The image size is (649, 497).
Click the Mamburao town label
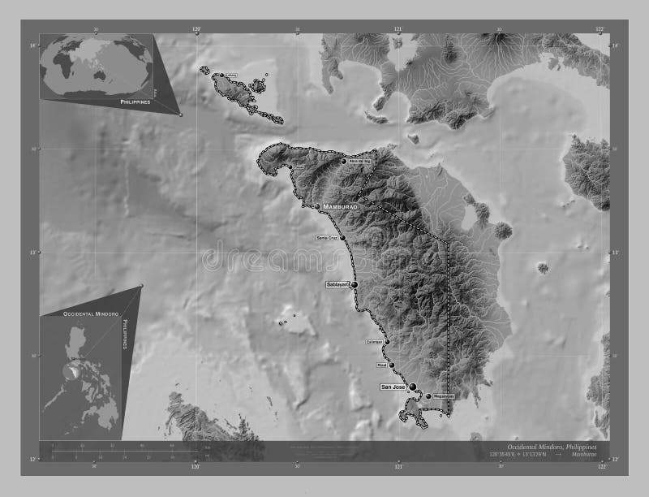tap(341, 207)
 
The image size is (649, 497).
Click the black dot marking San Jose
tap(413, 387)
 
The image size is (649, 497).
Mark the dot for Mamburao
tap(317, 207)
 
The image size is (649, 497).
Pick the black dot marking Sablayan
tap(354, 285)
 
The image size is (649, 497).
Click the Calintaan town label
tap(374, 342)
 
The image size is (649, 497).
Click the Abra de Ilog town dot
tap(344, 162)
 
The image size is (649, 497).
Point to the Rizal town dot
tap(391, 366)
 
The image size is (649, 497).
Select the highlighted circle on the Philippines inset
tap(75, 370)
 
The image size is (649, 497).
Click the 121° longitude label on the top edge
tap(398, 29)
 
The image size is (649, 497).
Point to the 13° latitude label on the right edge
tap(615, 253)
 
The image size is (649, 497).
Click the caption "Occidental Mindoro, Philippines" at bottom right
tap(551, 447)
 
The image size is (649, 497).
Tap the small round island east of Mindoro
tap(542, 267)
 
